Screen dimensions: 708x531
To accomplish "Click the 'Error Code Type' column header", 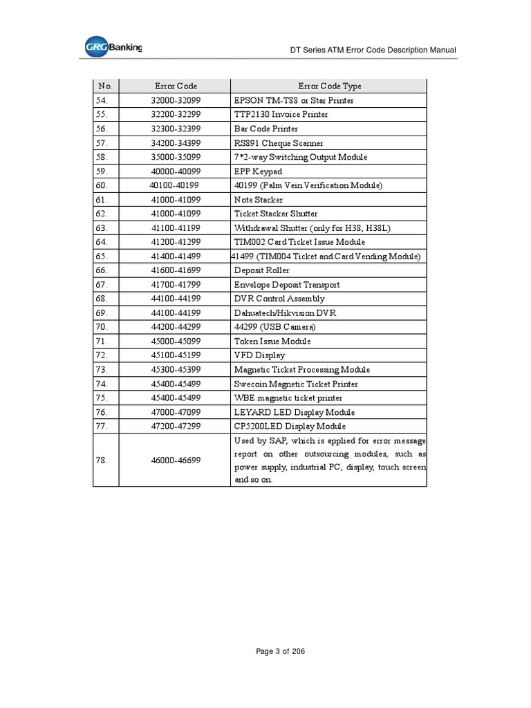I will point(329,86).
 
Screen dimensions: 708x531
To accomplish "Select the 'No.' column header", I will point(106,86).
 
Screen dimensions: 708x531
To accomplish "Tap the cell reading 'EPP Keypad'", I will point(258,171).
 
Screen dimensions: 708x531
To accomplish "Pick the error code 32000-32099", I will point(176,100).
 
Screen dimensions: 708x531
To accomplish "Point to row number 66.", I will point(103,270).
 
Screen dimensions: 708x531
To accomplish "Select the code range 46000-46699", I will point(176,460).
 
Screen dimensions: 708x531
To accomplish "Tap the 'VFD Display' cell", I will point(259,355).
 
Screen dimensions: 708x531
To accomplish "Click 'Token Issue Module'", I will point(272,342).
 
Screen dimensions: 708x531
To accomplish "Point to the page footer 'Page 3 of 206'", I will point(280,651).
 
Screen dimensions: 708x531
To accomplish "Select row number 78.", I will point(103,460).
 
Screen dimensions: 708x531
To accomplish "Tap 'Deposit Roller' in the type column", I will point(261,270).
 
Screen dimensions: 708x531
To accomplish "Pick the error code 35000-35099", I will point(176,157).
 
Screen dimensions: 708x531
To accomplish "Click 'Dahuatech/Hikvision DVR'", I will point(285,313).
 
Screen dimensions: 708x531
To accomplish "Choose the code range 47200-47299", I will point(176,427).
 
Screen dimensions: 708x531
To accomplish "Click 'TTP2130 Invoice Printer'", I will point(281,115).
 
